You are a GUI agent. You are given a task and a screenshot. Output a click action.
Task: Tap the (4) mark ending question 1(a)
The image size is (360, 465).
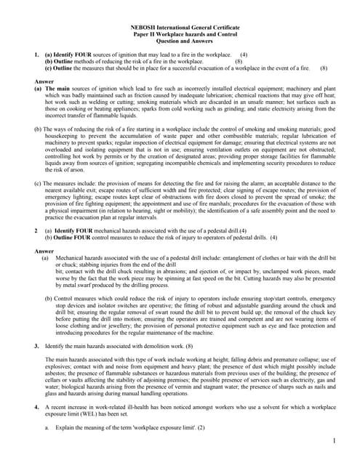click(x=244, y=55)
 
